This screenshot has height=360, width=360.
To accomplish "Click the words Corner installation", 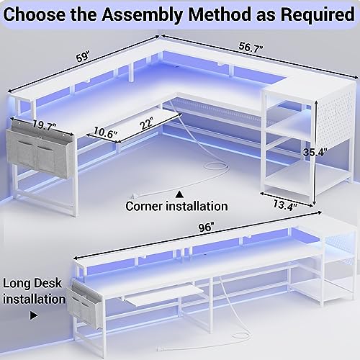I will pyautogui.click(x=176, y=206).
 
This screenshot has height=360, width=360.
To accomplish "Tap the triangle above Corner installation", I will pyautogui.click(x=179, y=192).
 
